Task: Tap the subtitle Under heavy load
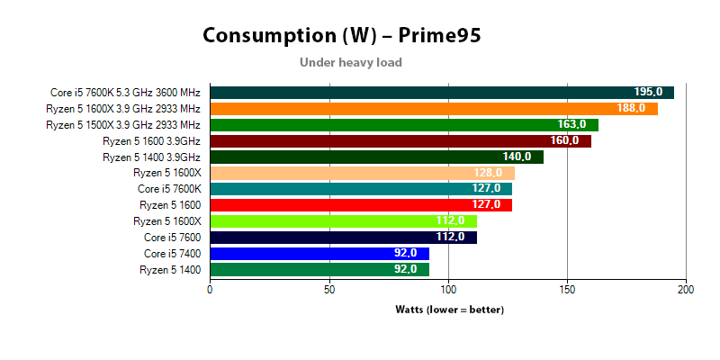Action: [x=350, y=63]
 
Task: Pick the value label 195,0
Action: [x=648, y=93]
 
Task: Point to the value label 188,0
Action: [x=631, y=109]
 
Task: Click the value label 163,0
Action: [x=571, y=125]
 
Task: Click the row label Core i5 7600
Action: [x=172, y=238]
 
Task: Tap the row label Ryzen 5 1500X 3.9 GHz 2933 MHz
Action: [x=123, y=125]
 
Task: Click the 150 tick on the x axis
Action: [x=567, y=290]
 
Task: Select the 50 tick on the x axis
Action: [x=329, y=290]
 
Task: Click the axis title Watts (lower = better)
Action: [x=449, y=310]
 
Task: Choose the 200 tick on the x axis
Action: [x=686, y=290]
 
